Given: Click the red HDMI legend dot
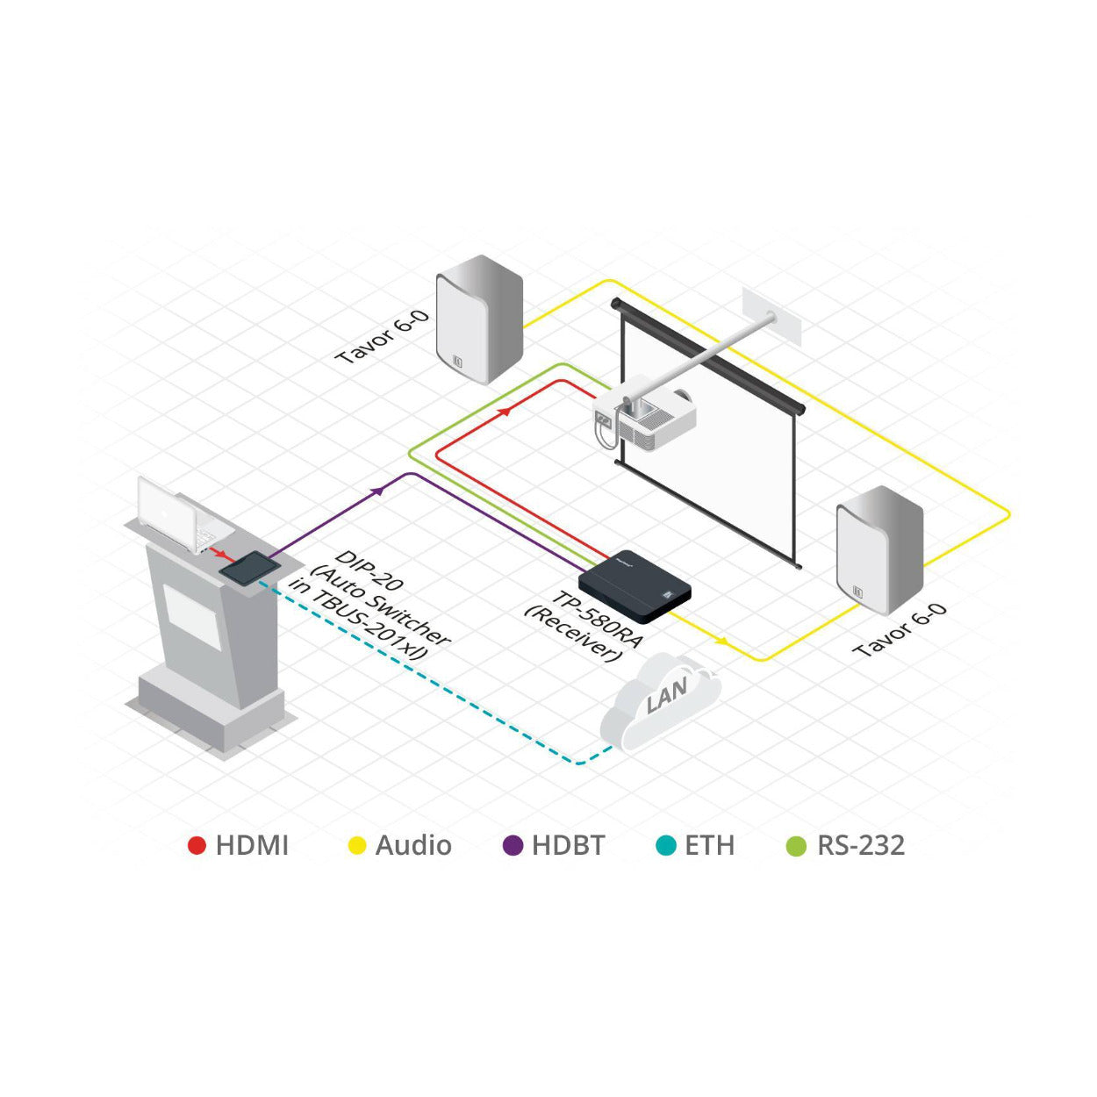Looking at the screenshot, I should pos(197,845).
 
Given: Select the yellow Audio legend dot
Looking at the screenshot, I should pos(356,845).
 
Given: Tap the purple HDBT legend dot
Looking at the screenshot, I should pos(513,845).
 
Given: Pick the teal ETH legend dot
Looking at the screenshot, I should pos(666,845).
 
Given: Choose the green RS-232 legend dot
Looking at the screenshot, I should pos(796,845).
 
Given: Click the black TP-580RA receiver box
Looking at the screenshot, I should pos(635,584).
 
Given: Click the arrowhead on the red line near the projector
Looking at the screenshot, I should pos(503,410).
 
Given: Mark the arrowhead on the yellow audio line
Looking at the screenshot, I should pos(721,641).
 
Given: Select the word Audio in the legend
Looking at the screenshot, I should pos(413,845).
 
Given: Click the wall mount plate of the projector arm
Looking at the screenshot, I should pos(772,316).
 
